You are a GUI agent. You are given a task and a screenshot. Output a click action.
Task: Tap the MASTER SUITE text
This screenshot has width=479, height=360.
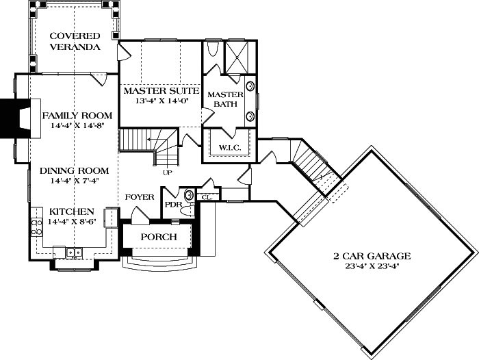click(x=161, y=90)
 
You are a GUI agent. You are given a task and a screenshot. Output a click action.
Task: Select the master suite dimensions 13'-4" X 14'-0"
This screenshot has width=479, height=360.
click(x=161, y=101)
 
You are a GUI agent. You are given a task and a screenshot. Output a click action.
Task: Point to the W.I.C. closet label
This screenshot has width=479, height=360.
click(x=228, y=147)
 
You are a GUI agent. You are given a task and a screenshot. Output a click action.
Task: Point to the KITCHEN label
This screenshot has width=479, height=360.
click(x=66, y=212)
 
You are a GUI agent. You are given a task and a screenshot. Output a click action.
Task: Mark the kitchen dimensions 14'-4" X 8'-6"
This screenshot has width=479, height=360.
click(x=66, y=222)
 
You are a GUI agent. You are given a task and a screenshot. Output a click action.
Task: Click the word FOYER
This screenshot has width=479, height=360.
click(x=140, y=197)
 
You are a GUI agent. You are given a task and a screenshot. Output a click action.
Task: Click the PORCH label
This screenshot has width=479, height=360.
click(x=159, y=237)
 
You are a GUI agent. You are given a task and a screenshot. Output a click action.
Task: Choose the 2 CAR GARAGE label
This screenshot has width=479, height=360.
click(x=372, y=256)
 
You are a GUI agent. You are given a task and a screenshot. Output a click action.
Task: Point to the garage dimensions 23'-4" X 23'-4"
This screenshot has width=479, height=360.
click(x=372, y=267)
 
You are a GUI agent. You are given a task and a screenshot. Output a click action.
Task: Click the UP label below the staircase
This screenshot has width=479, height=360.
click(x=167, y=172)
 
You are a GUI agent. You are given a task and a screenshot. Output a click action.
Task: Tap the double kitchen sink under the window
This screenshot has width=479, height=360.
click(x=75, y=253)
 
